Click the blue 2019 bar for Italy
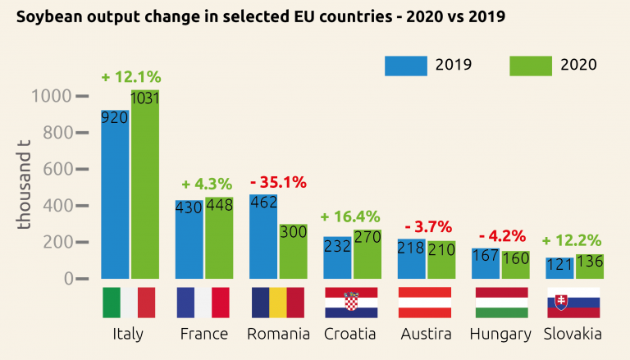point(115,194)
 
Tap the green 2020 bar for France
point(220,238)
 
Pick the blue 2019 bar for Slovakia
point(559,268)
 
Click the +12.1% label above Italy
point(131,77)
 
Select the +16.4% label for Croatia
point(350,216)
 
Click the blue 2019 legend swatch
point(405,66)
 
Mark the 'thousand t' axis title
point(25,187)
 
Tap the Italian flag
point(129,303)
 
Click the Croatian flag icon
point(351,303)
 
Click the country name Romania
point(279,334)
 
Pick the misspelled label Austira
point(426,334)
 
